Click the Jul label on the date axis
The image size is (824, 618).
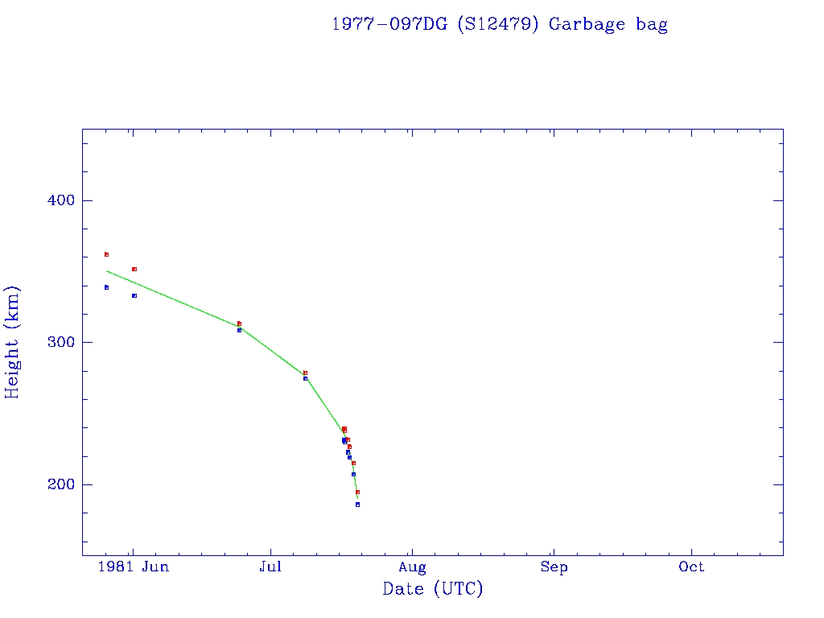271,567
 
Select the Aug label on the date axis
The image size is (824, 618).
412,567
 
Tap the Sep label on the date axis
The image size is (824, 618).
554,567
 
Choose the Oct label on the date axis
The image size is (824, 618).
691,567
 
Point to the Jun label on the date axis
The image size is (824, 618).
154,567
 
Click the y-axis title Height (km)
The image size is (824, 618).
13,342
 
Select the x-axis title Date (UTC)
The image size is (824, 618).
433,590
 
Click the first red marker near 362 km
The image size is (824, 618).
106,254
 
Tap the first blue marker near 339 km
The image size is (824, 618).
106,287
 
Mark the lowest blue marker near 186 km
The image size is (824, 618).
357,505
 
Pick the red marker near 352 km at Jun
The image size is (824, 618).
134,269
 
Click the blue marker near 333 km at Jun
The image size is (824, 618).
134,295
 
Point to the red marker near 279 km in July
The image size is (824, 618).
305,373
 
